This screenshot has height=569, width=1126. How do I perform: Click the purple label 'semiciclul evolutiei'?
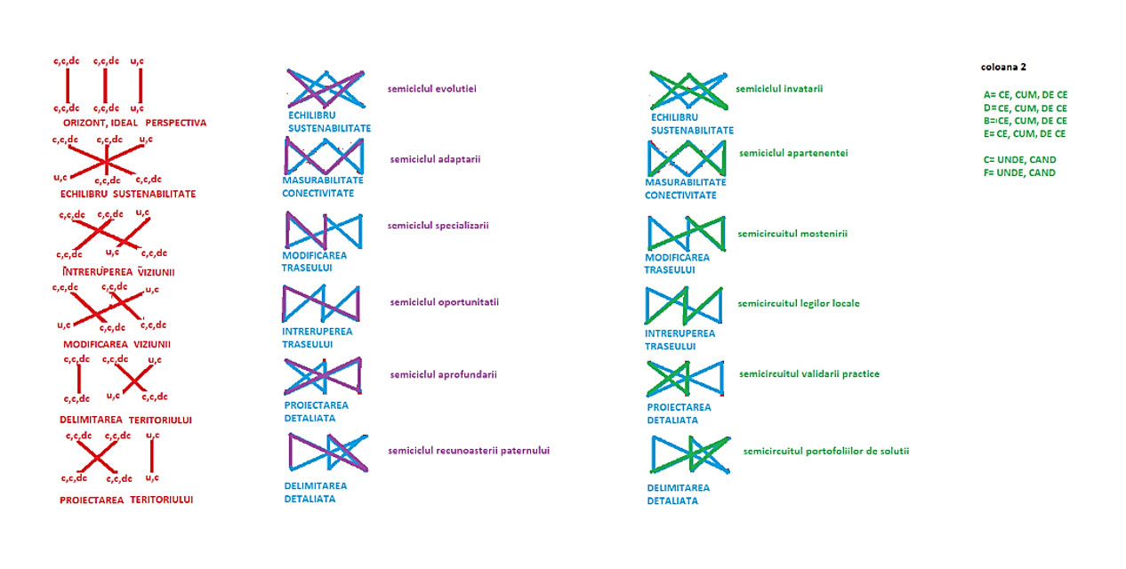click(x=432, y=89)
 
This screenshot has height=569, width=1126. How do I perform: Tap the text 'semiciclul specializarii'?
click(x=438, y=225)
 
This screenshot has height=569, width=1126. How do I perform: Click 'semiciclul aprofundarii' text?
click(x=443, y=374)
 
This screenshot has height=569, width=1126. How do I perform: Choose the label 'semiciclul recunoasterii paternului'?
click(x=469, y=451)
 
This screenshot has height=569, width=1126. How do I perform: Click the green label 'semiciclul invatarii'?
click(x=779, y=88)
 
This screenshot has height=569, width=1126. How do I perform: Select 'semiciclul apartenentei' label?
click(x=793, y=153)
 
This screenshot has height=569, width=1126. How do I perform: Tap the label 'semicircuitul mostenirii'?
click(x=792, y=234)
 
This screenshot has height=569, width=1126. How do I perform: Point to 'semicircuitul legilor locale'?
click(x=799, y=303)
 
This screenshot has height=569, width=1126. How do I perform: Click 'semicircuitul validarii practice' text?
click(x=809, y=373)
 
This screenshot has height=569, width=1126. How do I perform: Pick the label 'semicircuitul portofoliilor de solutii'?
click(x=826, y=451)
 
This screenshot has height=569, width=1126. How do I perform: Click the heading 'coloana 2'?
click(x=1003, y=67)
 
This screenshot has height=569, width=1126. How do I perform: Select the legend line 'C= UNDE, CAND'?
click(x=1019, y=160)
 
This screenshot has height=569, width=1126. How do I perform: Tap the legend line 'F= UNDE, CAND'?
click(x=1019, y=173)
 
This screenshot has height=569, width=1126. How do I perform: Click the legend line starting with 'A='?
click(x=1025, y=94)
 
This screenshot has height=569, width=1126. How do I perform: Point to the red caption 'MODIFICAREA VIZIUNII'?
click(x=117, y=344)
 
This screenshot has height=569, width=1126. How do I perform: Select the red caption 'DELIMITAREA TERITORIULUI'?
click(x=126, y=420)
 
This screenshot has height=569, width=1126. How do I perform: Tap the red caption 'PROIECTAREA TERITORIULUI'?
click(x=126, y=500)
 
